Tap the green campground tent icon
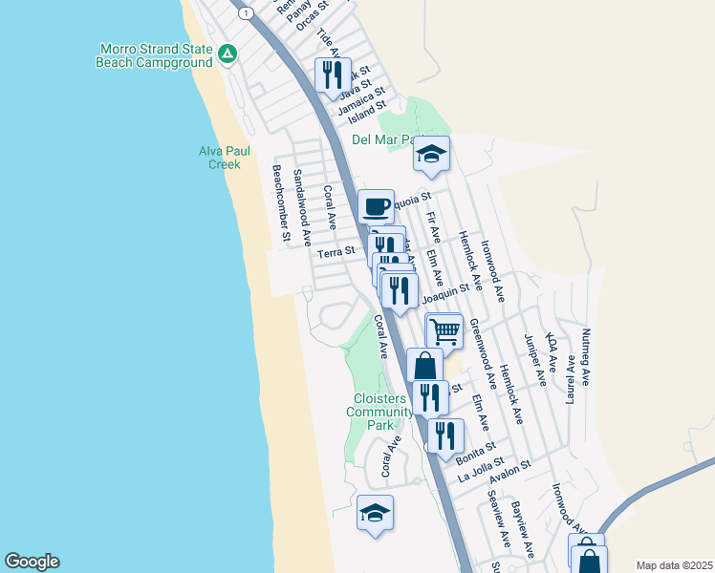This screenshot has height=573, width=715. tap(227, 53)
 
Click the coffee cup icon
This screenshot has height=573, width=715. tap(376, 205)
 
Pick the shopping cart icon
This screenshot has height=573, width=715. tap(444, 331)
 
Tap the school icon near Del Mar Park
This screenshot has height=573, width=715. tap(431, 153)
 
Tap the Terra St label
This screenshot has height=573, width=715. tap(336, 251)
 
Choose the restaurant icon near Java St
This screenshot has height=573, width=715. tap(333, 74)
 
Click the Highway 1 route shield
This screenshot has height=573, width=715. tap(247, 12)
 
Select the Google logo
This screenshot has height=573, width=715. tap(32, 562)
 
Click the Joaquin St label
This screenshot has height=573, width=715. tap(445, 294)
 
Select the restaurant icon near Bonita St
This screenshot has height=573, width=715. tap(445, 435)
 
